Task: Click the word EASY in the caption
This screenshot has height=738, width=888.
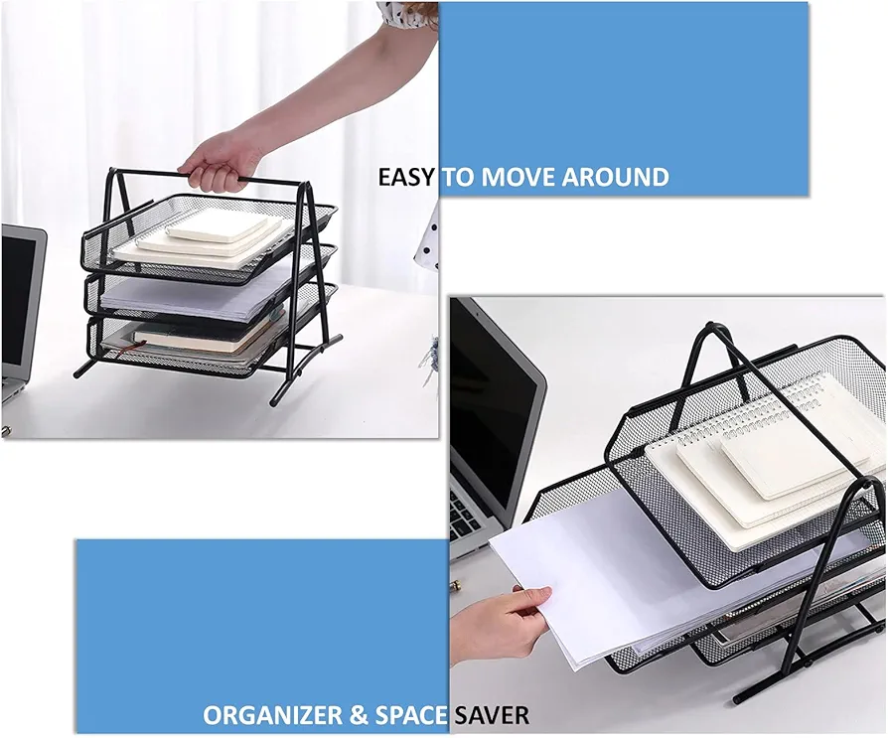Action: [x=406, y=178]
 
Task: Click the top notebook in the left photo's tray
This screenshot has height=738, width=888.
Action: [x=216, y=226]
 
